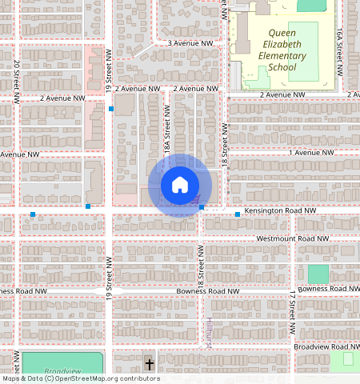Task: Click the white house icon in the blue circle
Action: click(180, 185)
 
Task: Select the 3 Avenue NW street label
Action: click(190, 42)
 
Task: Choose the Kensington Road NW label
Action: click(280, 210)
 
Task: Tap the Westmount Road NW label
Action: click(292, 238)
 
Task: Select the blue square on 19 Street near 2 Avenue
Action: click(111, 108)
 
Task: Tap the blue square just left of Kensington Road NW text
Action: click(238, 214)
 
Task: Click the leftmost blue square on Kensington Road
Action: click(32, 214)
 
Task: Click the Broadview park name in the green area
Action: click(62, 371)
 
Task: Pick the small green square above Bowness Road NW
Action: click(318, 274)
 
